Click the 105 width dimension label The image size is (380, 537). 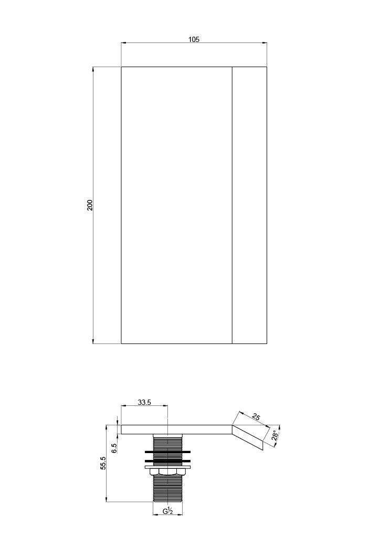click(194, 39)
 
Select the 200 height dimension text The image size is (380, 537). click(90, 205)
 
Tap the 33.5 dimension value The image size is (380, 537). click(144, 402)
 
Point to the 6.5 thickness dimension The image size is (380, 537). click(114, 448)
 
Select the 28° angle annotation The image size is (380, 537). click(275, 435)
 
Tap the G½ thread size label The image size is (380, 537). click(167, 521)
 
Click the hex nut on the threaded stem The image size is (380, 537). click(167, 472)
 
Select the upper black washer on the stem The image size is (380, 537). click(167, 452)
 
